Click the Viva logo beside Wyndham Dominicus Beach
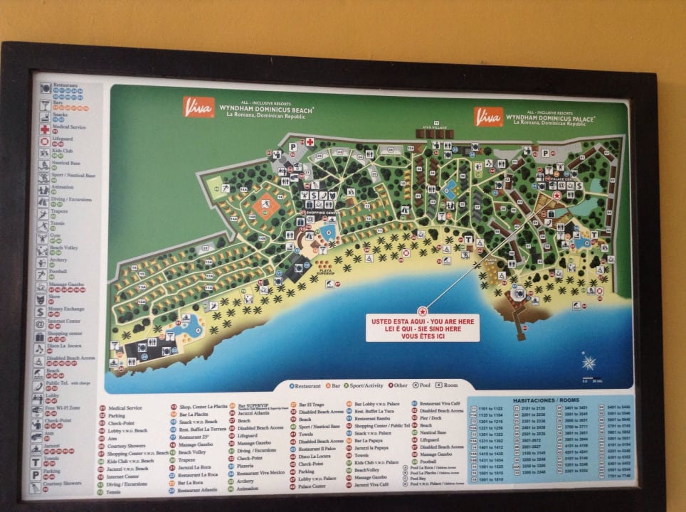point(198,107)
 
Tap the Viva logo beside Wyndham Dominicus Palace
point(488,116)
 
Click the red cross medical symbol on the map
point(310,142)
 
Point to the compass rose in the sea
point(589,362)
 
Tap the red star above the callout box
point(423,311)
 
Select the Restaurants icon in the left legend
point(45,88)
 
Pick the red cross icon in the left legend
point(44,129)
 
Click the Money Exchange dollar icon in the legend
point(41,312)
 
